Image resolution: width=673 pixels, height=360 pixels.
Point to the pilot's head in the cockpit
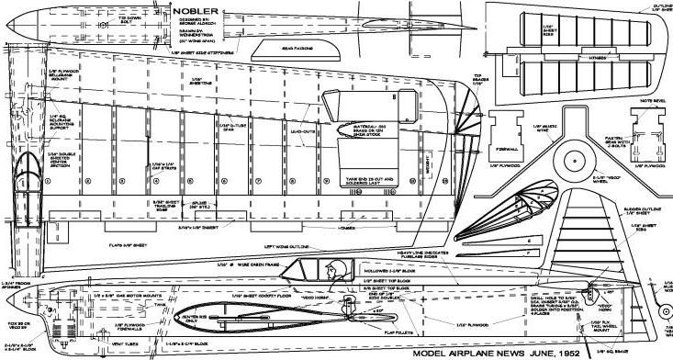[x=339, y=269]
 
